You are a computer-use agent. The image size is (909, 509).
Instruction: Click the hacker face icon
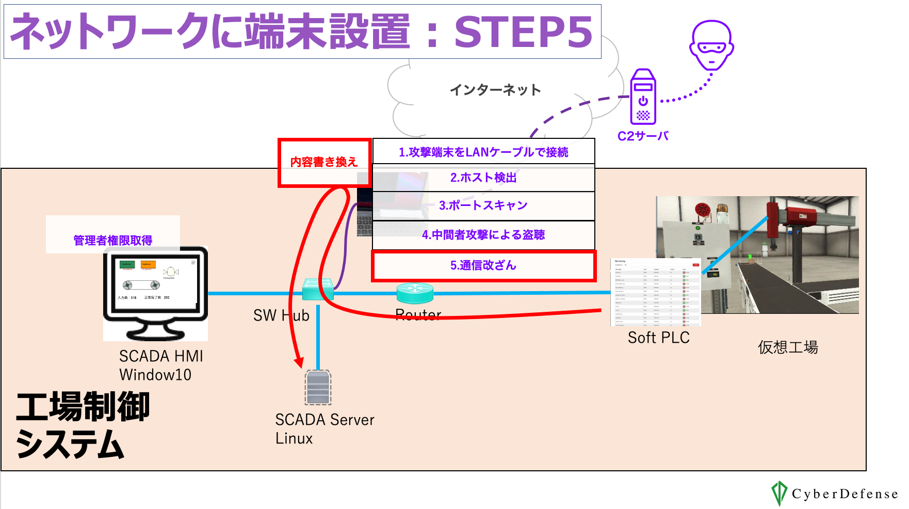711,45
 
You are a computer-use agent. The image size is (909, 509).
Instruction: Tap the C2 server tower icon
643,97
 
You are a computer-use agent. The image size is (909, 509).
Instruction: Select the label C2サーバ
643,136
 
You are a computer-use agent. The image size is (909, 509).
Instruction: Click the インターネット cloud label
495,90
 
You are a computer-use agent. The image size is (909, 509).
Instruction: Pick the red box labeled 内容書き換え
324,162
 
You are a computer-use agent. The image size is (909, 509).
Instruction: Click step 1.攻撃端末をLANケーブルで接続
483,152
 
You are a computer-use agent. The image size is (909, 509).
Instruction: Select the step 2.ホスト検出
483,178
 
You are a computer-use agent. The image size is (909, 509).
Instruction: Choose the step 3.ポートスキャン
483,205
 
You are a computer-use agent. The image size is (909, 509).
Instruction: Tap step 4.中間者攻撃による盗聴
483,235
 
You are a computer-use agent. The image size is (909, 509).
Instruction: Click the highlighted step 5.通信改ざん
483,265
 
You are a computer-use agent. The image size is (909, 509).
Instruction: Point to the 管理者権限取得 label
113,240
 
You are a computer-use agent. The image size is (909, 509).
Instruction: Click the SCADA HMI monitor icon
155,292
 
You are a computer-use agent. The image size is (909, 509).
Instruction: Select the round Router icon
415,293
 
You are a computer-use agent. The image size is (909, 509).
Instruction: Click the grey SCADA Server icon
318,387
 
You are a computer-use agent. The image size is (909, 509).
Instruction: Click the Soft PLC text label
658,338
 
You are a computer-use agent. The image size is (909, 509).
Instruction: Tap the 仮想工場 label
788,347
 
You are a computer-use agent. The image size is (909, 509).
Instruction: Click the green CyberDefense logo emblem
779,493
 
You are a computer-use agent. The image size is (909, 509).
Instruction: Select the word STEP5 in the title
523,32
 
